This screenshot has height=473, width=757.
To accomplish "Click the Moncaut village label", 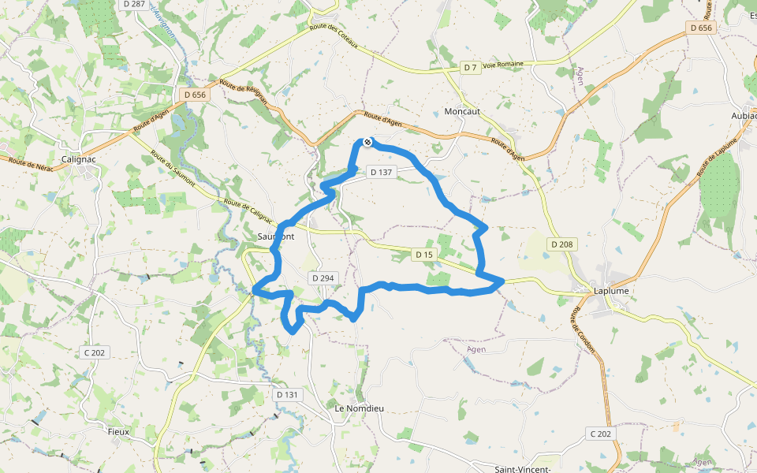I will [462, 111].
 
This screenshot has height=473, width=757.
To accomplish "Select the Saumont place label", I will [276, 236].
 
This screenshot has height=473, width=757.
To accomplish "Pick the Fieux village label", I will [118, 432].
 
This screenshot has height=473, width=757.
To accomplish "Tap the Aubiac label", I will [744, 115].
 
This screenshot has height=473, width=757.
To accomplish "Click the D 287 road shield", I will [135, 4].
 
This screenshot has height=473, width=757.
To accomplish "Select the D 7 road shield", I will [470, 68].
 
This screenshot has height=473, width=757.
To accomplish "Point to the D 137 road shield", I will [380, 172].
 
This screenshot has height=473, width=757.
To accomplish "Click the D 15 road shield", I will [423, 254].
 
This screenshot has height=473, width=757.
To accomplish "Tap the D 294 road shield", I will [323, 277].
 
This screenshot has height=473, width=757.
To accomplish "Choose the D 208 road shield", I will [561, 244].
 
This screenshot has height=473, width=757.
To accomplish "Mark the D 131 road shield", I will [288, 394].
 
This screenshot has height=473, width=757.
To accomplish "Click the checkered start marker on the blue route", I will [367, 141].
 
